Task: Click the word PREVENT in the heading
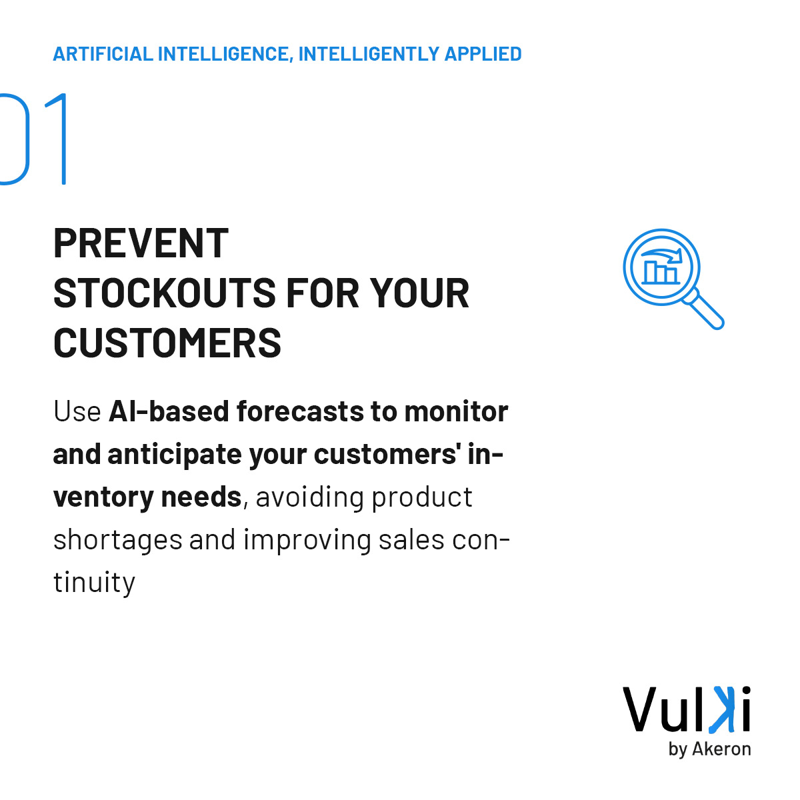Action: tap(141, 243)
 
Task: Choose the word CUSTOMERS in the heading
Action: tap(167, 343)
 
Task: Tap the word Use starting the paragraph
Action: tap(77, 412)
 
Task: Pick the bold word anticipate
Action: tap(174, 455)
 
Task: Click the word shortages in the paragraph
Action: tap(117, 540)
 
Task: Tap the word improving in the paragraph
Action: tap(307, 540)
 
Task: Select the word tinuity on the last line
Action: tap(94, 583)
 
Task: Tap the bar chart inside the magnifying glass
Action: tap(660, 271)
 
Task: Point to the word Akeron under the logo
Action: tap(721, 749)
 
